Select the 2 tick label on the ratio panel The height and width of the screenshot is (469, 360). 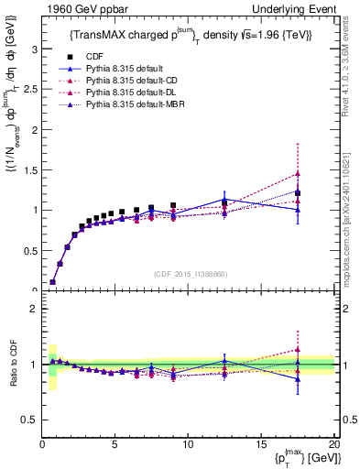click(34, 310)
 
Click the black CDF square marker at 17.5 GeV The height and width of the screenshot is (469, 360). click(298, 193)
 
